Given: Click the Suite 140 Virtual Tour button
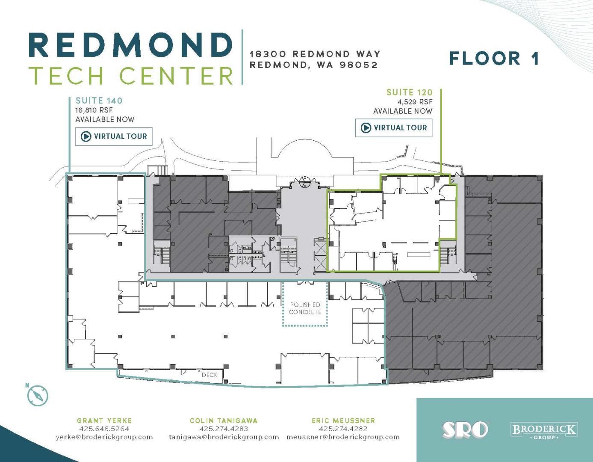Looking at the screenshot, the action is pyautogui.click(x=114, y=136).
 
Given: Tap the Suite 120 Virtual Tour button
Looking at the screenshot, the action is pyautogui.click(x=393, y=128).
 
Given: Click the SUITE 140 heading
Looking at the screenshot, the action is pyautogui.click(x=99, y=101).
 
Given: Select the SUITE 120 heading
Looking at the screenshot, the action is pyautogui.click(x=409, y=92).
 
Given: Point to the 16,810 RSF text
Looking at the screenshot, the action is pyautogui.click(x=94, y=110).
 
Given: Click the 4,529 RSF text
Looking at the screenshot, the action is pyautogui.click(x=415, y=102).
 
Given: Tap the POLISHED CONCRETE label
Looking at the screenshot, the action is pyautogui.click(x=305, y=308).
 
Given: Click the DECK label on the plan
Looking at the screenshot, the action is pyautogui.click(x=209, y=375).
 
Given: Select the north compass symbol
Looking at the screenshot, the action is pyautogui.click(x=38, y=395).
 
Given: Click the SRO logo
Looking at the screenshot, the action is pyautogui.click(x=465, y=430).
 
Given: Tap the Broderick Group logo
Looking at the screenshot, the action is pyautogui.click(x=544, y=431).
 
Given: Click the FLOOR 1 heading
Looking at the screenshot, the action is pyautogui.click(x=494, y=59).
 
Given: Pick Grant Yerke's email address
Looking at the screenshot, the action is pyautogui.click(x=104, y=437).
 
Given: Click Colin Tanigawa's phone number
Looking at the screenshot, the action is pyautogui.click(x=224, y=429).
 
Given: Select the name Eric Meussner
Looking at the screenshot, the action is pyautogui.click(x=343, y=421).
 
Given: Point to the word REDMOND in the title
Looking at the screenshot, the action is pyautogui.click(x=130, y=45).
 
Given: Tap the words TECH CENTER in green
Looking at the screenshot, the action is pyautogui.click(x=131, y=75).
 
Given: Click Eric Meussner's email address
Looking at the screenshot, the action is pyautogui.click(x=343, y=437).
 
